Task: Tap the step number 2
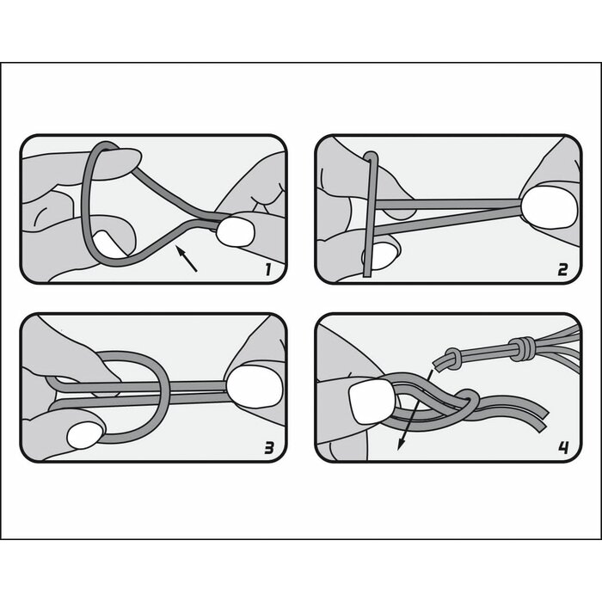point(562,270)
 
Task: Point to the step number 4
point(562,447)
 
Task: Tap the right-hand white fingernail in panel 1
point(234,230)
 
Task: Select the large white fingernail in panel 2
point(552,208)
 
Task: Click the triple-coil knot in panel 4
point(520,348)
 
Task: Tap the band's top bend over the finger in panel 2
point(371,158)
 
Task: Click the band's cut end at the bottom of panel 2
point(368,273)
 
